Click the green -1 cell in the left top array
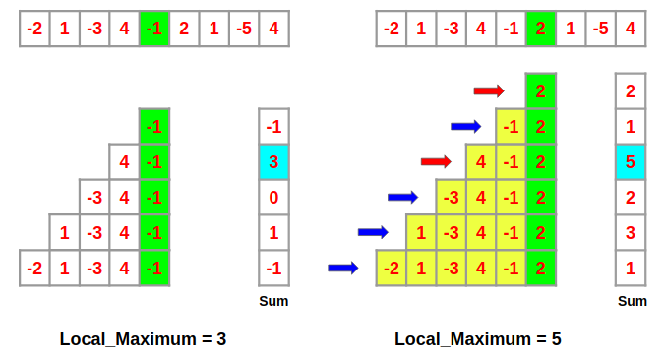tap(154, 29)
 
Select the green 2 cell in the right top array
tap(540, 29)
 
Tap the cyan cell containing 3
tap(273, 161)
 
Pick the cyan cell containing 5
tap(631, 161)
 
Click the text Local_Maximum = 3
tap(143, 339)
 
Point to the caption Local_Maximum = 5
tap(478, 339)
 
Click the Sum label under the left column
tap(273, 301)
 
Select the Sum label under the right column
tap(632, 301)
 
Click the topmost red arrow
tap(489, 91)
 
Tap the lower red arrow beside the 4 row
tap(435, 161)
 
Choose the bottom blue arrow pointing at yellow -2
tap(342, 268)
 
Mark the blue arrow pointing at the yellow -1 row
tap(465, 126)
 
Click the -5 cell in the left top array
tap(244, 29)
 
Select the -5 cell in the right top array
tap(600, 29)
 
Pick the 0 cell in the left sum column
tap(273, 197)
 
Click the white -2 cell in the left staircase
tap(34, 269)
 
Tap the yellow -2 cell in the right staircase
tap(391, 269)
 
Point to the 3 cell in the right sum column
tap(631, 232)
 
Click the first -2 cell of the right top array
tap(391, 29)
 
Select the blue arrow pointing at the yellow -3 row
tap(402, 197)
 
